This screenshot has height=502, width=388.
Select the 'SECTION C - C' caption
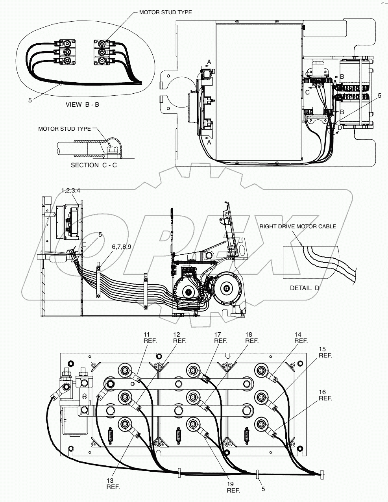[x=94, y=165]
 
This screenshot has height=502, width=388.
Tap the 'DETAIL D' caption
[x=305, y=288]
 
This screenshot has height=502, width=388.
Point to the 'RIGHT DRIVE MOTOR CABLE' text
[x=298, y=226]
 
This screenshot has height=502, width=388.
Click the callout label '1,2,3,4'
[x=71, y=190]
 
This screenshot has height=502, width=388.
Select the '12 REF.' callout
[x=179, y=338]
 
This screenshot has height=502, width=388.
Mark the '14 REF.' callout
[x=301, y=338]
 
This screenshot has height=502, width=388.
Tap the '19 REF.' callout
[x=233, y=487]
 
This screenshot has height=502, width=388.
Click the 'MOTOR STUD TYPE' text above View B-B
[x=165, y=12]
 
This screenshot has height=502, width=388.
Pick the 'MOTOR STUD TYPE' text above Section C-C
[x=64, y=129]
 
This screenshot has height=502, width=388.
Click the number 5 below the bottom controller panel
[x=263, y=489]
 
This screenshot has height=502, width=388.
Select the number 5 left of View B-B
[x=30, y=100]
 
